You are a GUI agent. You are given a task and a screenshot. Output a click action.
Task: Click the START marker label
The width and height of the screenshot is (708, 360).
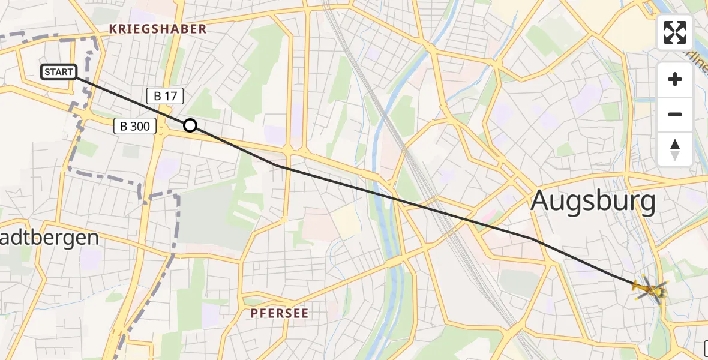[59, 73]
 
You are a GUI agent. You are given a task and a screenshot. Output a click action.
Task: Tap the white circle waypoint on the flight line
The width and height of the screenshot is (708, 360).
[190, 125]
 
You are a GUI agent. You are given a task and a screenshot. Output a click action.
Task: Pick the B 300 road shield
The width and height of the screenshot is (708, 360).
[136, 126]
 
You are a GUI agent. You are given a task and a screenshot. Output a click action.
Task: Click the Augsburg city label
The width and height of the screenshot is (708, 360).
[593, 202]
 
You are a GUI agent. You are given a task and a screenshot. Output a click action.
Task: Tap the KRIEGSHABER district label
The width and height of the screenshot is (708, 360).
[157, 29]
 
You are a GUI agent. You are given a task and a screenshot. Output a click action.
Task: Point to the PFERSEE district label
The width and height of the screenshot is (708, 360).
[280, 313]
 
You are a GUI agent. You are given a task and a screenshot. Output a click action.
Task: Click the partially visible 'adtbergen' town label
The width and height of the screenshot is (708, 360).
[49, 238]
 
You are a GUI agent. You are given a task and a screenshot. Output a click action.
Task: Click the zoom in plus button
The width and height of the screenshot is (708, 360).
[675, 79]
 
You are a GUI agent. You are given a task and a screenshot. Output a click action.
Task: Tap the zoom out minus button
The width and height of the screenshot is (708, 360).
[675, 114]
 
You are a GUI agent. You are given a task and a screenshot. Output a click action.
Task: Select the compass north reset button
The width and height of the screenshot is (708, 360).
[675, 149]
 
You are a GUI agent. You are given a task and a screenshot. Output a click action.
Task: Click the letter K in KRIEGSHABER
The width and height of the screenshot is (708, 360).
[112, 29]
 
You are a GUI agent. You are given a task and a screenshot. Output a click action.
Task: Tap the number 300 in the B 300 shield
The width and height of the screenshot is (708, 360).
[142, 126]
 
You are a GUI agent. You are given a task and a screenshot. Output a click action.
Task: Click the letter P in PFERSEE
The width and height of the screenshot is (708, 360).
[254, 313]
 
